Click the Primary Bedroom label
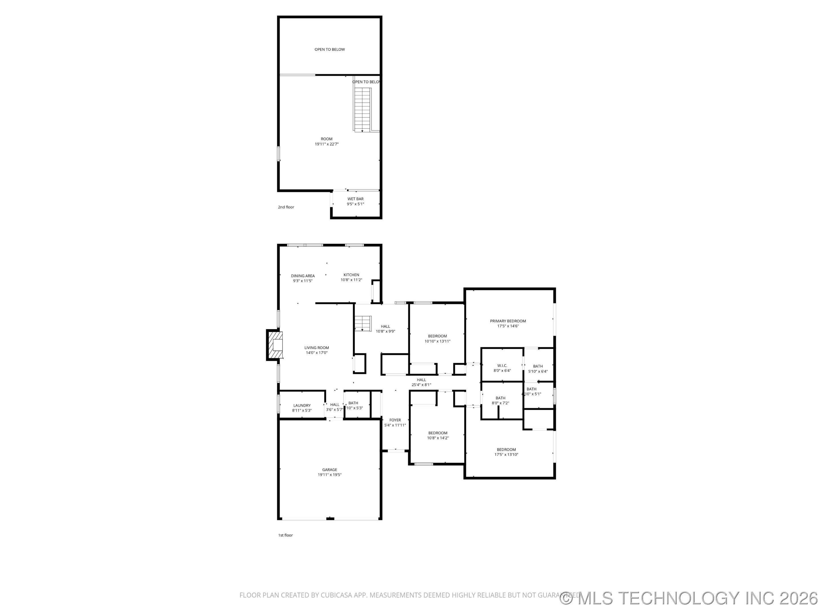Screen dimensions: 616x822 508,321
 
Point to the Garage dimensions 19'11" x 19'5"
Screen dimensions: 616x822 329,475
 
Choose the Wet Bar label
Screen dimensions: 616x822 355,199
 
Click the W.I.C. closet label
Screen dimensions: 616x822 502,366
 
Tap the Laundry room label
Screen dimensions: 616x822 302,406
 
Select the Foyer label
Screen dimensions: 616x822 395,420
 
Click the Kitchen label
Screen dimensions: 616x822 351,275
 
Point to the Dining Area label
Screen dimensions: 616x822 303,276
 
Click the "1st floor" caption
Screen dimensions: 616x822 285,535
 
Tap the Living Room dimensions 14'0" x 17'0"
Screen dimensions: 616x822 317,353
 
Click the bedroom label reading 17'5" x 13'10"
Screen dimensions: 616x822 506,455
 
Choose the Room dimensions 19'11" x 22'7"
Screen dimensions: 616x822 327,144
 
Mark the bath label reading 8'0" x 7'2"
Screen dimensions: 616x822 500,403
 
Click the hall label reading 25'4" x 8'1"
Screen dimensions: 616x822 421,385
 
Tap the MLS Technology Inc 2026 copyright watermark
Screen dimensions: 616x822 690,597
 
